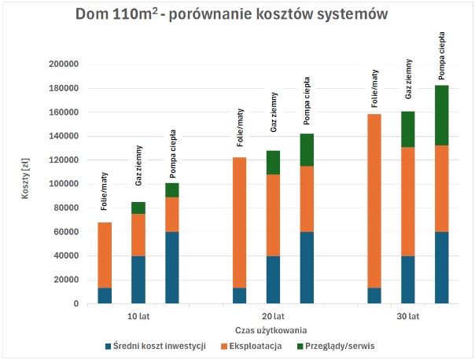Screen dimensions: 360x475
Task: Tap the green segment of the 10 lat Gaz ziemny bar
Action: click(138, 208)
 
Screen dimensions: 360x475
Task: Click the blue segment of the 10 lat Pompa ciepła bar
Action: click(172, 267)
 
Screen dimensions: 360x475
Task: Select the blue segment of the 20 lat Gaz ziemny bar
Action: click(273, 279)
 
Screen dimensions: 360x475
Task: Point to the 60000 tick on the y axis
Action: click(65, 232)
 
